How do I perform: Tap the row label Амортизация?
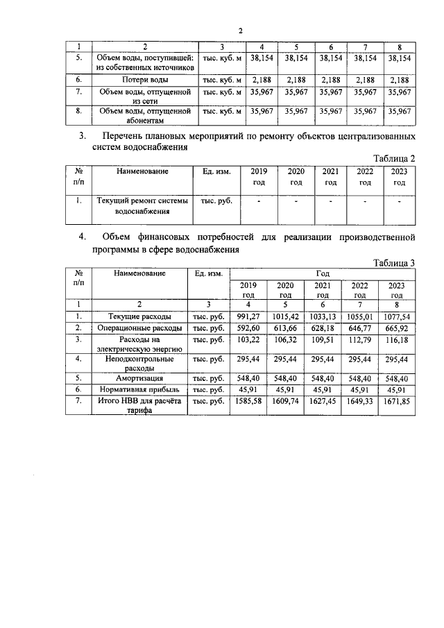click(139, 379)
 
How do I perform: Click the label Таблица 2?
click(394, 158)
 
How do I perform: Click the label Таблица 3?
click(393, 262)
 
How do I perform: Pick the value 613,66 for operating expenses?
click(291, 327)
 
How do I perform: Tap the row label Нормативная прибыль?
click(139, 390)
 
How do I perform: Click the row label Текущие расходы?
click(139, 316)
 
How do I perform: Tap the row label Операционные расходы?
click(139, 327)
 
